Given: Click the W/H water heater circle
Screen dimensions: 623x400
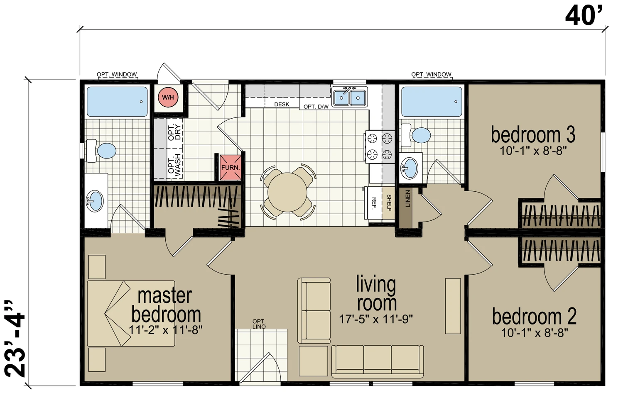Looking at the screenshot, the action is tap(168, 97).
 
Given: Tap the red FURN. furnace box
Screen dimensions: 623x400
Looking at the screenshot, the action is tap(231, 168).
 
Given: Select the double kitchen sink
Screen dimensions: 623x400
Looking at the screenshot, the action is tap(349, 97).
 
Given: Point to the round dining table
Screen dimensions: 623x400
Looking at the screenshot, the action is tap(287, 192).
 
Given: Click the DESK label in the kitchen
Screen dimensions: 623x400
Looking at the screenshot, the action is tap(282, 105).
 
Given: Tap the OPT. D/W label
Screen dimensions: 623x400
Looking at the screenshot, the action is tap(316, 106).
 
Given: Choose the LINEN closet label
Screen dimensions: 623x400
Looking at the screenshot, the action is tap(408, 199).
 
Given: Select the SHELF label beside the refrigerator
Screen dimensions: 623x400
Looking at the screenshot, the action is tap(389, 203).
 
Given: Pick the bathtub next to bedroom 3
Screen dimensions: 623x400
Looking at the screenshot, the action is tap(432, 102).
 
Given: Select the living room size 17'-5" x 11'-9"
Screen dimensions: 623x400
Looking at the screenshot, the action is tap(376, 319).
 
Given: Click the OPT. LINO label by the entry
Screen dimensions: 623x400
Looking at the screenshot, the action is tap(259, 324).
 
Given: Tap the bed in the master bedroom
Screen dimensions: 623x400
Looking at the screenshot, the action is tap(131, 313).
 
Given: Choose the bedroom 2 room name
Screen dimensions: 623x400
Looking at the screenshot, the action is tap(534, 316).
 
